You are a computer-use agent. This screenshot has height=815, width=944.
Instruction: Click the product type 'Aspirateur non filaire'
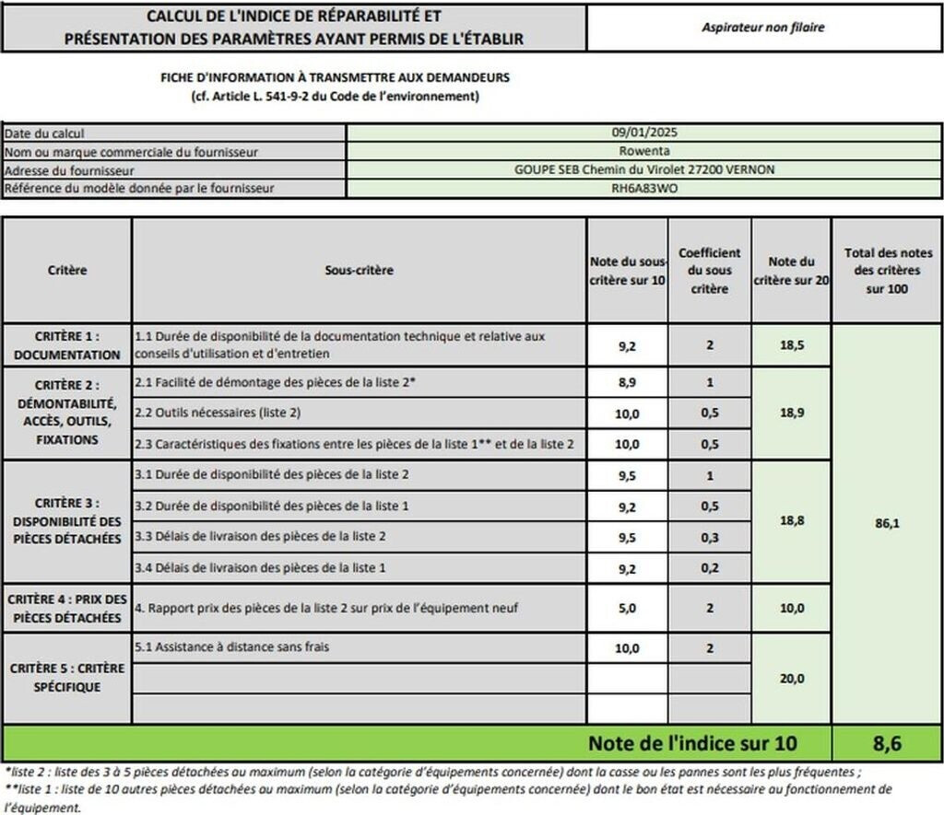[762, 28]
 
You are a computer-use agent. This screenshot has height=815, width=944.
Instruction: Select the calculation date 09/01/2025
[644, 134]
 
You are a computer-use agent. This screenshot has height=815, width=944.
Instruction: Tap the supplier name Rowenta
[644, 152]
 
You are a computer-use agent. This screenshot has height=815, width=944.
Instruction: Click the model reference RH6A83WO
[644, 189]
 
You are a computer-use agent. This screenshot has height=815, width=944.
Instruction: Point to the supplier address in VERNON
[644, 170]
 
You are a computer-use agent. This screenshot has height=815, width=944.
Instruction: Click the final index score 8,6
[886, 743]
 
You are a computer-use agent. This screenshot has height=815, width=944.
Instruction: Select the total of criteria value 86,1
[886, 522]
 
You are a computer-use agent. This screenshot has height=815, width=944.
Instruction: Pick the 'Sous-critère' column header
[360, 271]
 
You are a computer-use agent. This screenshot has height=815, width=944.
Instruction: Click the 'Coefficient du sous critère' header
[709, 271]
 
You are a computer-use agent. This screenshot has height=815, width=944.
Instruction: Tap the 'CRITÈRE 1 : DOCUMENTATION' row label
[66, 346]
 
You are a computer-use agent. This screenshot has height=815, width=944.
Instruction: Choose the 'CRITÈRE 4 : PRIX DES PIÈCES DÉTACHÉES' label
[66, 608]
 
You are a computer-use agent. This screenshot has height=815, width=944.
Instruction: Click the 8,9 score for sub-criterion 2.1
[627, 382]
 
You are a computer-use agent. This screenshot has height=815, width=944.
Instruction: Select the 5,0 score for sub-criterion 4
[627, 608]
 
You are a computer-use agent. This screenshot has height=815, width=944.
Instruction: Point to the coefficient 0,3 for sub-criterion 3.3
[709, 537]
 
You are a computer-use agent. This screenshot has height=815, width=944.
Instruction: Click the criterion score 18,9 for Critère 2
[791, 413]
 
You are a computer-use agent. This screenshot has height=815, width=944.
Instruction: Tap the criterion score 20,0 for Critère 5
[791, 679]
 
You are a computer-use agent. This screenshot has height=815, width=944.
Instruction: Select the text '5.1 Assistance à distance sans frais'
[231, 647]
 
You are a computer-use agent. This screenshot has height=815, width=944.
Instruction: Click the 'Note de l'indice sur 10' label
[692, 743]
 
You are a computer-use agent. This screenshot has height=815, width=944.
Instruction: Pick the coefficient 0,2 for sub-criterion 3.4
[709, 568]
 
